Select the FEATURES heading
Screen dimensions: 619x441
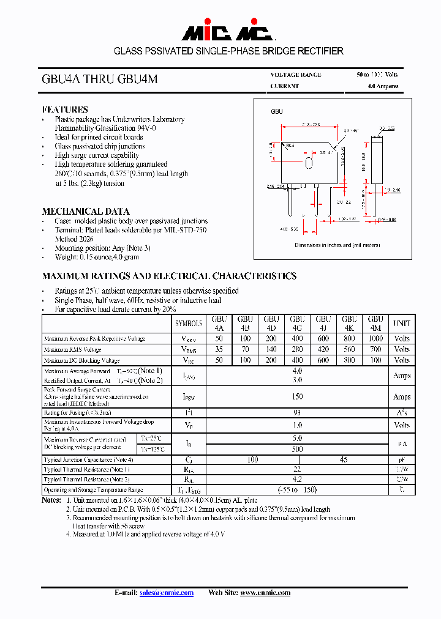[x=65, y=109]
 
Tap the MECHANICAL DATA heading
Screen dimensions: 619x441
[x=85, y=211]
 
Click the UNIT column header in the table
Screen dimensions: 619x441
[x=401, y=323]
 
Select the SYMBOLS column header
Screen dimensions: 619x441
[x=189, y=323]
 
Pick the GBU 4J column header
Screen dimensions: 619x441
[x=323, y=323]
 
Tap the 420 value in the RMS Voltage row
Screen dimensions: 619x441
[x=323, y=349]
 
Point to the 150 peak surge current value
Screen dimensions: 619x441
[x=297, y=397]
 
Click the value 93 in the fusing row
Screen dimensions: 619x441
[x=297, y=413]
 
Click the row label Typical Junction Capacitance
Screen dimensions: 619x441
[x=88, y=459]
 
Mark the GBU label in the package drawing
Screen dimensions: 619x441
[x=277, y=112]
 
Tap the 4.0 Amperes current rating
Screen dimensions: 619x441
[x=383, y=86]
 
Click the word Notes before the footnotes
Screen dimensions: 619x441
[x=51, y=500]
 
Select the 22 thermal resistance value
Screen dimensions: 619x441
[x=297, y=470]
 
